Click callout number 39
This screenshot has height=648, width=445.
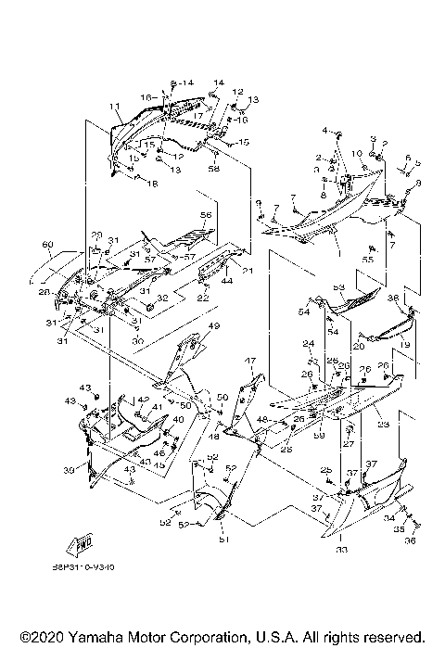click(67, 471)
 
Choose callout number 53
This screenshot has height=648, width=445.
click(339, 287)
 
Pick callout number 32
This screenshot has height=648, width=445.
click(163, 298)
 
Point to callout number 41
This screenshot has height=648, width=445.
click(158, 406)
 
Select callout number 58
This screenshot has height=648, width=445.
click(213, 169)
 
